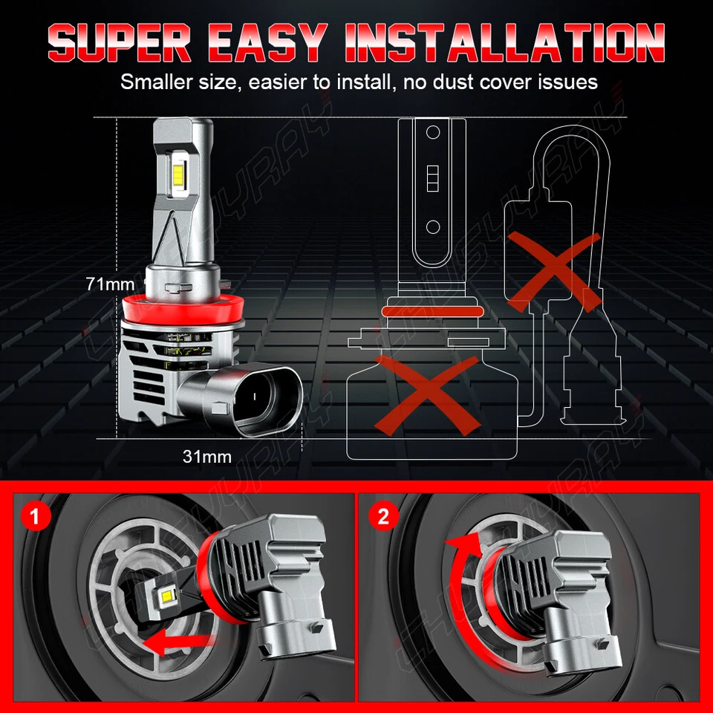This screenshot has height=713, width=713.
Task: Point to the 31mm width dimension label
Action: [207, 456]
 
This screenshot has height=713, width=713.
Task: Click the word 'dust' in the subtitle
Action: [454, 82]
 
